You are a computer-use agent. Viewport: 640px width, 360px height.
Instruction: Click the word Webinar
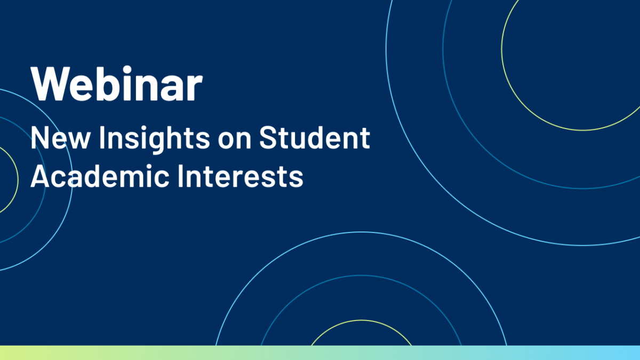(x=117, y=83)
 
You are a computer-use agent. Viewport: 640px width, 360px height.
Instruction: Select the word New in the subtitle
(x=60, y=138)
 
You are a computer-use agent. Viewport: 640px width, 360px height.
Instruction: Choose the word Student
(x=315, y=138)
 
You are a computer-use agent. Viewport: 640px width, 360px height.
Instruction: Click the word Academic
(x=100, y=176)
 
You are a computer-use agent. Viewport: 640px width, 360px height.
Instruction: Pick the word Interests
(x=241, y=176)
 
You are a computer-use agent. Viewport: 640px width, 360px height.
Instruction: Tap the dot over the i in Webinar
(x=126, y=70)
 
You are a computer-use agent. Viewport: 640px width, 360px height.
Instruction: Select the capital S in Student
(x=269, y=138)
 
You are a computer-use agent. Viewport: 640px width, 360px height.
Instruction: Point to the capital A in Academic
(x=41, y=176)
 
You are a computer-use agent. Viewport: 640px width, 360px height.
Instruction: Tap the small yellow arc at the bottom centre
(x=362, y=321)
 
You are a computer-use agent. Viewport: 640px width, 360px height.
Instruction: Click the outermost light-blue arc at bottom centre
(x=362, y=232)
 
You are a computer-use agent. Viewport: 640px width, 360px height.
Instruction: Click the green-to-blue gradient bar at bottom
(x=320, y=353)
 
